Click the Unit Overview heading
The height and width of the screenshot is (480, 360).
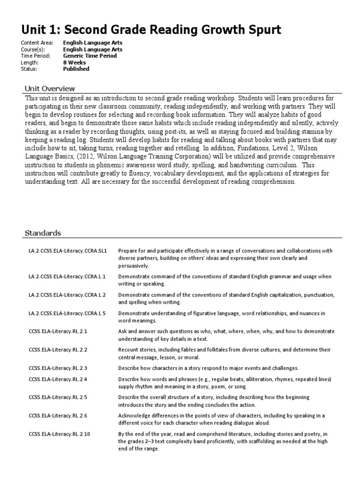click(49, 89)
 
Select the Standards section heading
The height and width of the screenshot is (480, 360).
click(42, 233)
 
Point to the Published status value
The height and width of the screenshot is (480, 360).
click(76, 69)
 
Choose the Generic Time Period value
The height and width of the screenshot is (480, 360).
click(90, 56)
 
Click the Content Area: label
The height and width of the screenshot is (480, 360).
click(37, 43)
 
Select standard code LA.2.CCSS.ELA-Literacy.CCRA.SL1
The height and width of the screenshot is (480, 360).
click(67, 251)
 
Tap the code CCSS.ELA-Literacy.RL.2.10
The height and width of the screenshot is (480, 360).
click(59, 435)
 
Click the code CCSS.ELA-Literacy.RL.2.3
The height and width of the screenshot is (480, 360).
click(58, 368)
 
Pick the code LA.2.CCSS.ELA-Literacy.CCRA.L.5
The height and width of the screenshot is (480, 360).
click(67, 313)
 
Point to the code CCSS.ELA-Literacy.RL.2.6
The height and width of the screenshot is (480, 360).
click(58, 416)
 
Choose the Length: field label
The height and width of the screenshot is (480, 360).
click(30, 62)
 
